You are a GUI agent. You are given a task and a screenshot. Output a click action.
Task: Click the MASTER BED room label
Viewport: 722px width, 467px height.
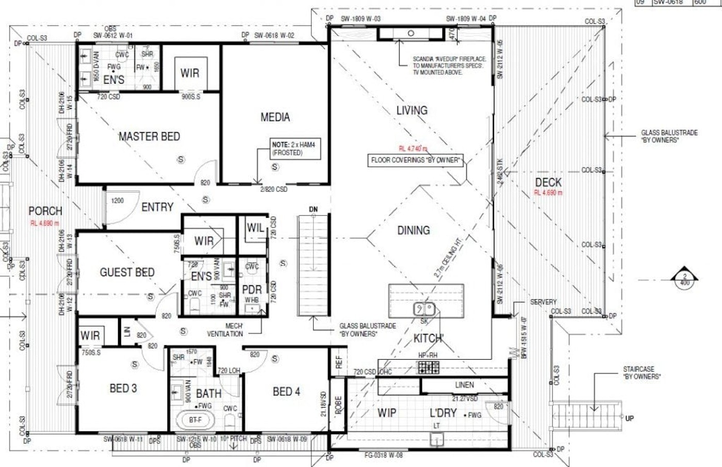click(149, 137)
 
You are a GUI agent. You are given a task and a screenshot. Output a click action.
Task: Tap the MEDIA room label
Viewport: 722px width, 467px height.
click(275, 118)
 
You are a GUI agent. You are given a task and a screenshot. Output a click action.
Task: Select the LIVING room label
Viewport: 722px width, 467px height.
click(412, 110)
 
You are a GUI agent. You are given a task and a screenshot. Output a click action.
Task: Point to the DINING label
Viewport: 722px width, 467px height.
click(413, 231)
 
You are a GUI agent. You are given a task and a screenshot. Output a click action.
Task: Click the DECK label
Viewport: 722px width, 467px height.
click(548, 182)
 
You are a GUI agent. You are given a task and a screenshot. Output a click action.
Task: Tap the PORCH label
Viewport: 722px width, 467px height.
click(45, 211)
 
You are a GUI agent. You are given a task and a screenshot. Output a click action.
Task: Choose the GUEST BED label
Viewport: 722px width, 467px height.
click(127, 272)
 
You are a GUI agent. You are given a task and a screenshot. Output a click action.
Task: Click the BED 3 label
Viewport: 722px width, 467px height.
click(123, 389)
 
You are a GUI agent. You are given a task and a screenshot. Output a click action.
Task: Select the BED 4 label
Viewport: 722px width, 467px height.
click(286, 392)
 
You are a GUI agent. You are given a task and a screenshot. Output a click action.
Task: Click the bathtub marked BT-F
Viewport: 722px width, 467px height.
click(195, 420)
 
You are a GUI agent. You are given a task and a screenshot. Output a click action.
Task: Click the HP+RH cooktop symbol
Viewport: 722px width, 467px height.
click(428, 367)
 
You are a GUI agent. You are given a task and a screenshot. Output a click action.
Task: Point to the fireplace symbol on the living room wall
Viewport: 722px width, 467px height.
click(411, 34)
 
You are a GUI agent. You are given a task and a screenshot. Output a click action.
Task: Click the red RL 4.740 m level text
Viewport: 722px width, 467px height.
click(413, 149)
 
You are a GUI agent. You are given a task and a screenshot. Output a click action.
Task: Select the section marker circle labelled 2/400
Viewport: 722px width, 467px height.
click(684, 279)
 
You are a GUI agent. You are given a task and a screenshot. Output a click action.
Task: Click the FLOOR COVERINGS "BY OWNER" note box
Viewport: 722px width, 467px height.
click(415, 160)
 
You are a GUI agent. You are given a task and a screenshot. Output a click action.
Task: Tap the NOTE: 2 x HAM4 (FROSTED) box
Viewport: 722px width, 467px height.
click(293, 149)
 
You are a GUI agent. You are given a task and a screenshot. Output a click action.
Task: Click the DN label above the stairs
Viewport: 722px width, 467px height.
click(313, 210)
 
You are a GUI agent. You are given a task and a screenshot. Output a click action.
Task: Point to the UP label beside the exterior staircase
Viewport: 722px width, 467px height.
click(629, 418)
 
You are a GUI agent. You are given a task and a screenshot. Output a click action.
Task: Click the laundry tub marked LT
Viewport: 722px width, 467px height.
click(437, 439)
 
